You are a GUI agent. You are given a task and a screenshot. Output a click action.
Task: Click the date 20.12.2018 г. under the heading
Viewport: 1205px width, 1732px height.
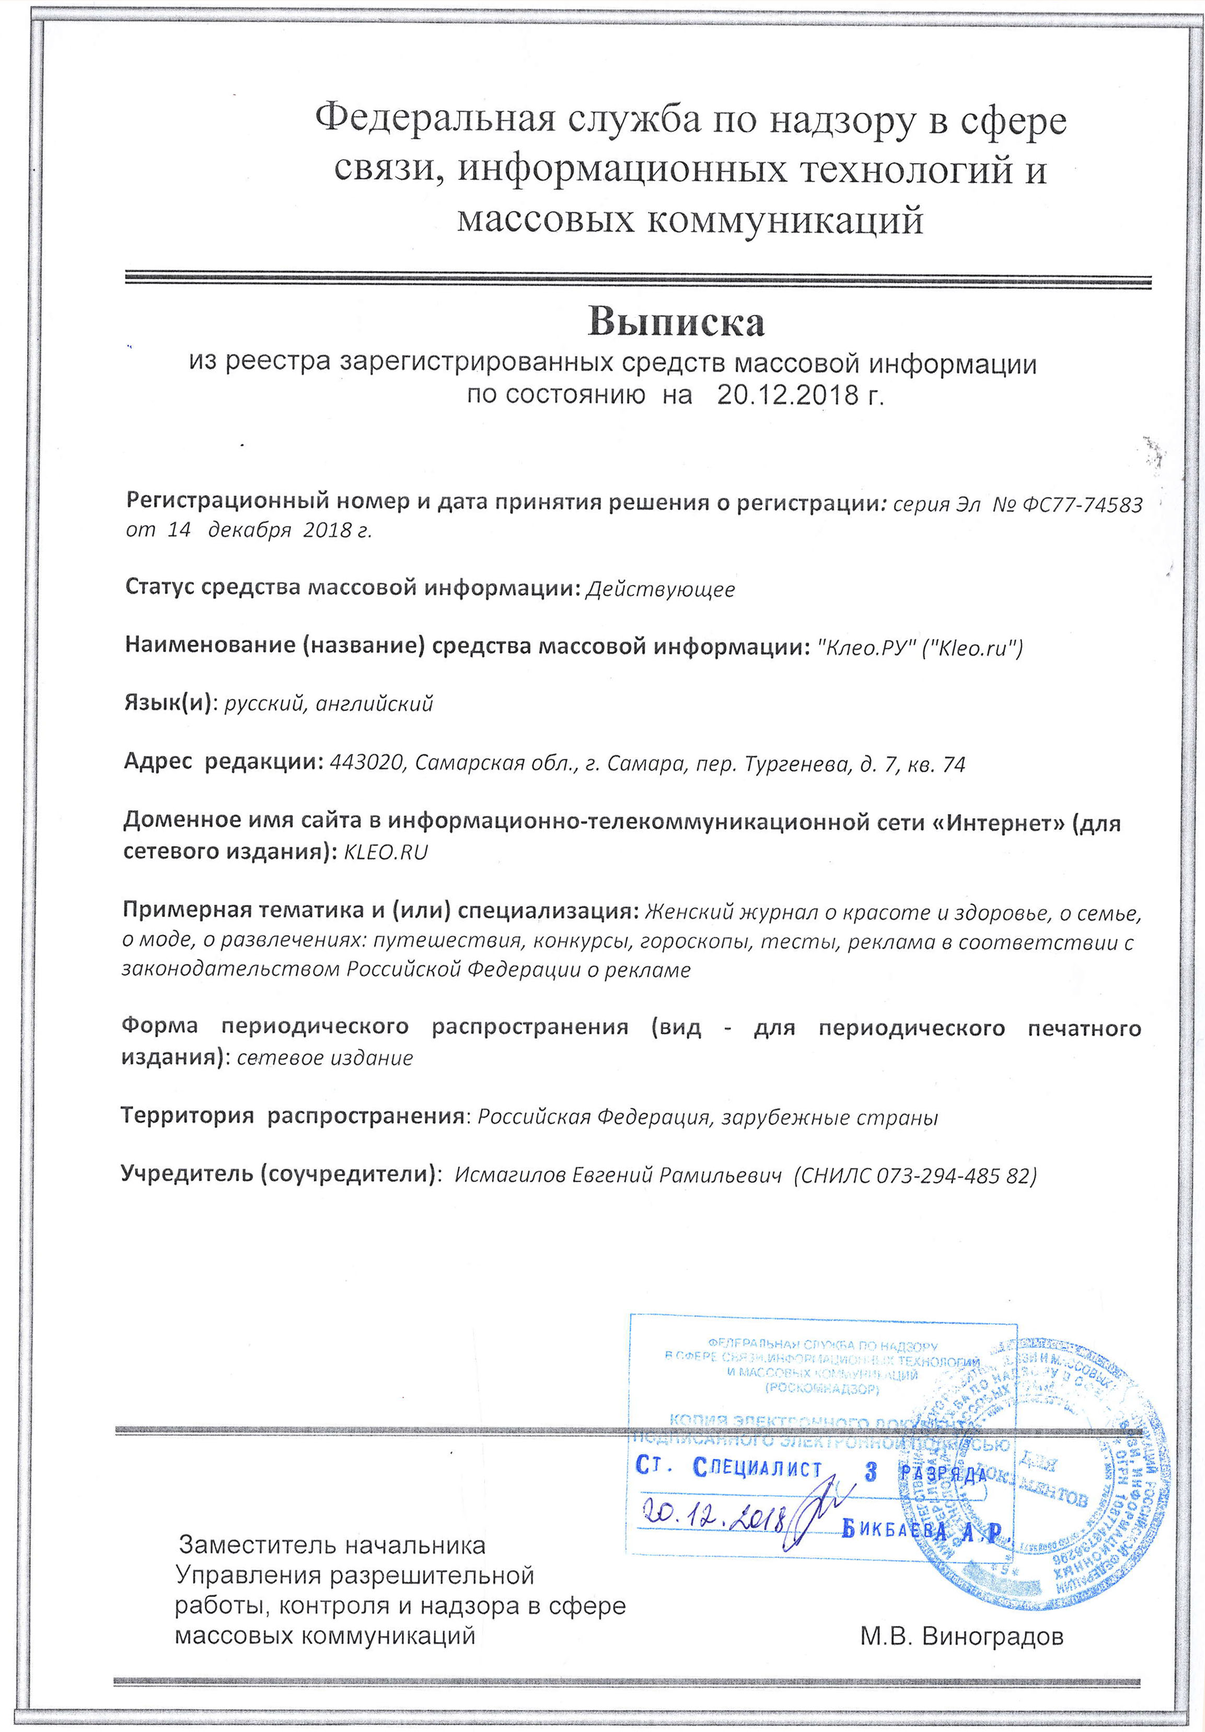tap(800, 395)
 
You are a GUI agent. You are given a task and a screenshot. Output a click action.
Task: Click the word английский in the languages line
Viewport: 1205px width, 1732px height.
tap(374, 705)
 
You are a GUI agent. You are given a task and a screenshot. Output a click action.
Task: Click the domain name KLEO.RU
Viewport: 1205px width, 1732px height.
tap(385, 853)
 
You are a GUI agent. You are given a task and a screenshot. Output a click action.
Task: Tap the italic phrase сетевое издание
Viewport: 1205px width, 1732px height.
tap(325, 1058)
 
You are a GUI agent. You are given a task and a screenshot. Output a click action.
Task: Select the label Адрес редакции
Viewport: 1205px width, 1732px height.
tap(223, 763)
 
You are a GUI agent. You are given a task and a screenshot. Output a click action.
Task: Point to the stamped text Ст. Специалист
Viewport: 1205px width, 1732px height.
tap(728, 1468)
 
